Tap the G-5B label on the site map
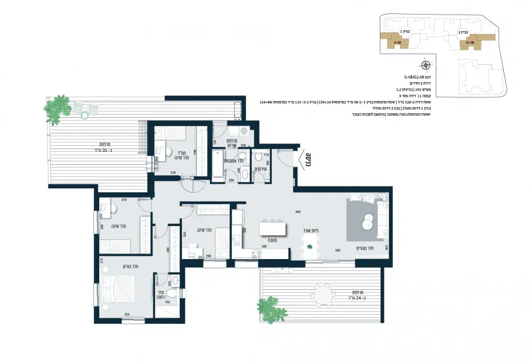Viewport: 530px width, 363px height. click(397, 42)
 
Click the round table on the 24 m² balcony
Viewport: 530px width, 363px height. click(323, 294)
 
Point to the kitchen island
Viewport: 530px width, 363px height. click(273, 229)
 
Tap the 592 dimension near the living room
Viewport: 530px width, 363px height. click(338, 251)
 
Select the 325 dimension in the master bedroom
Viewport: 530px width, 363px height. click(127, 314)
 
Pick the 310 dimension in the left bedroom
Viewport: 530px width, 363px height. click(124, 199)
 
